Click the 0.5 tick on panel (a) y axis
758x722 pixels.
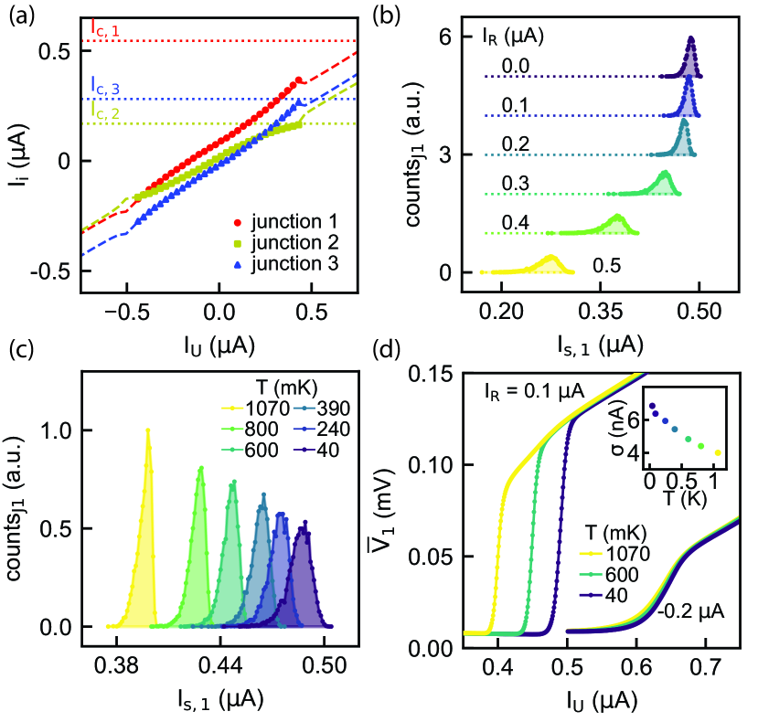click(x=57, y=51)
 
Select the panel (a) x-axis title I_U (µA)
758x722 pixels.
click(x=218, y=345)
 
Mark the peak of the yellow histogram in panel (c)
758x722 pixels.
click(x=147, y=430)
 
